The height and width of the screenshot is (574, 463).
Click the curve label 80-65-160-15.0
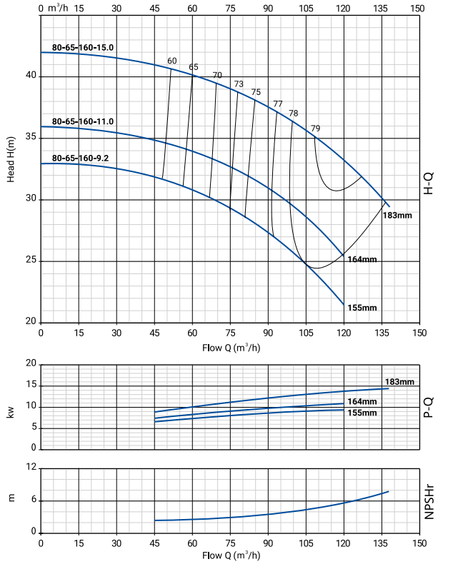pyautogui.click(x=83, y=47)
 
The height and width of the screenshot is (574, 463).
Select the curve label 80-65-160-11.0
pyautogui.click(x=83, y=121)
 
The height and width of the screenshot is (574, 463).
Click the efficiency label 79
pyautogui.click(x=316, y=129)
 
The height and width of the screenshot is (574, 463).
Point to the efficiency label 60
pyautogui.click(x=171, y=61)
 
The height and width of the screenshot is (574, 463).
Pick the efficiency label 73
pyautogui.click(x=239, y=84)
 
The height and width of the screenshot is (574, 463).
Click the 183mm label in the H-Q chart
pyautogui.click(x=398, y=215)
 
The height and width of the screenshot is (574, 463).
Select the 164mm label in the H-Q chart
pyautogui.click(x=362, y=258)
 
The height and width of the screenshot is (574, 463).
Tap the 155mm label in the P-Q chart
pyautogui.click(x=362, y=413)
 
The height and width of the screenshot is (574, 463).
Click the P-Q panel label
pyautogui.click(x=429, y=406)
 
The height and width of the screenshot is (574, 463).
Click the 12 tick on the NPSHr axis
pyautogui.click(x=31, y=467)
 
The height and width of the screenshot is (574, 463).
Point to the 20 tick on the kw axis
pyautogui.click(x=31, y=363)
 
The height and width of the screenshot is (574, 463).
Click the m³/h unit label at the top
pyautogui.click(x=56, y=9)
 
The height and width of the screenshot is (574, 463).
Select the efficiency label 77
pyautogui.click(x=278, y=104)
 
